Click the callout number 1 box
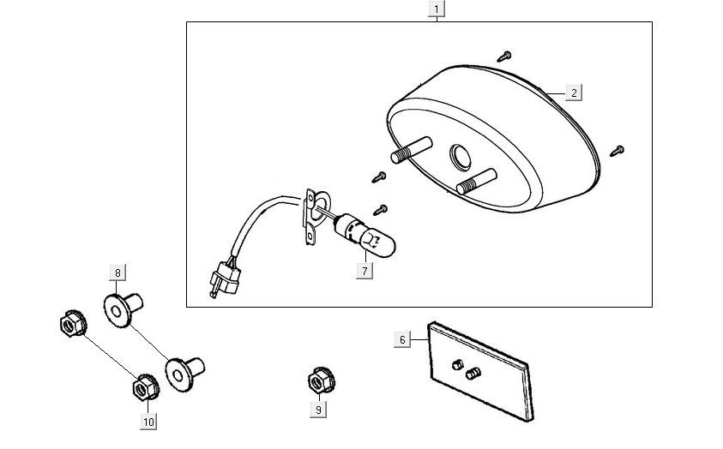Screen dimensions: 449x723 click(437, 10)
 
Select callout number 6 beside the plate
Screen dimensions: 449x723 click(401, 339)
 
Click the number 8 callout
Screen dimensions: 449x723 click(118, 272)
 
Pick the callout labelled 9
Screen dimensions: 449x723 click(318, 410)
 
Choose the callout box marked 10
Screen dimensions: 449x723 click(148, 421)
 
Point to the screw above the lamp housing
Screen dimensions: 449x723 click(504, 57)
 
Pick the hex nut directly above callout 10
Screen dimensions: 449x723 click(143, 388)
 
